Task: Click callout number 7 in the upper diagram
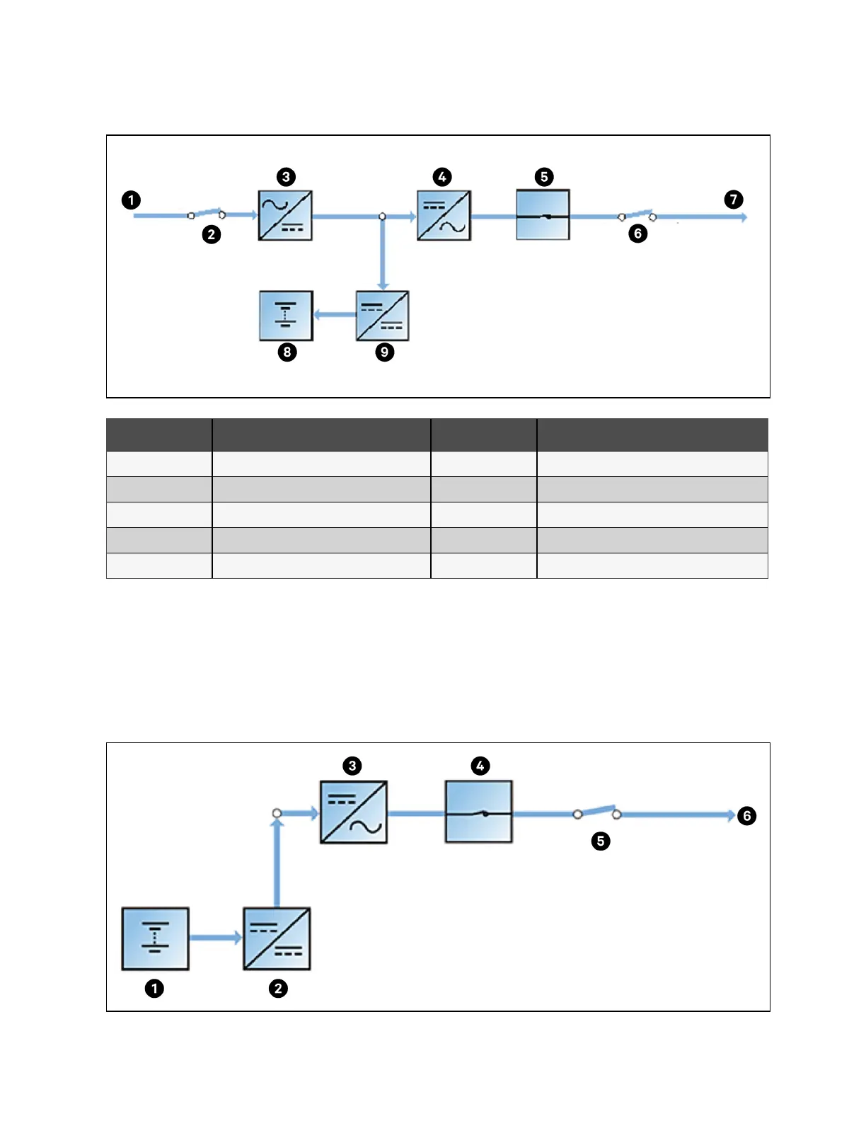(734, 200)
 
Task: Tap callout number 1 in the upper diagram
(131, 200)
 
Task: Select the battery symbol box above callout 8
(286, 316)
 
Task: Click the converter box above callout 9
(382, 316)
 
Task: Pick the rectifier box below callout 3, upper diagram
(285, 216)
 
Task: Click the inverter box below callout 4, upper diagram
(444, 216)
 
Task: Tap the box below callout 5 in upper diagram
(543, 215)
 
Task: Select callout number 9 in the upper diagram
(384, 352)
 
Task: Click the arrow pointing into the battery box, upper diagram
(334, 315)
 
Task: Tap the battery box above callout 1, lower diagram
(155, 938)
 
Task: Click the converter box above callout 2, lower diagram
(277, 938)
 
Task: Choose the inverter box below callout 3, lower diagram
(354, 812)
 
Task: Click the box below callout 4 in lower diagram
(478, 812)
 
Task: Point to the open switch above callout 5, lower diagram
(597, 812)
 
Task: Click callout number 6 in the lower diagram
(746, 816)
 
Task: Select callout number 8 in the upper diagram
(287, 352)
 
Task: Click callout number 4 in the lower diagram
(480, 766)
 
